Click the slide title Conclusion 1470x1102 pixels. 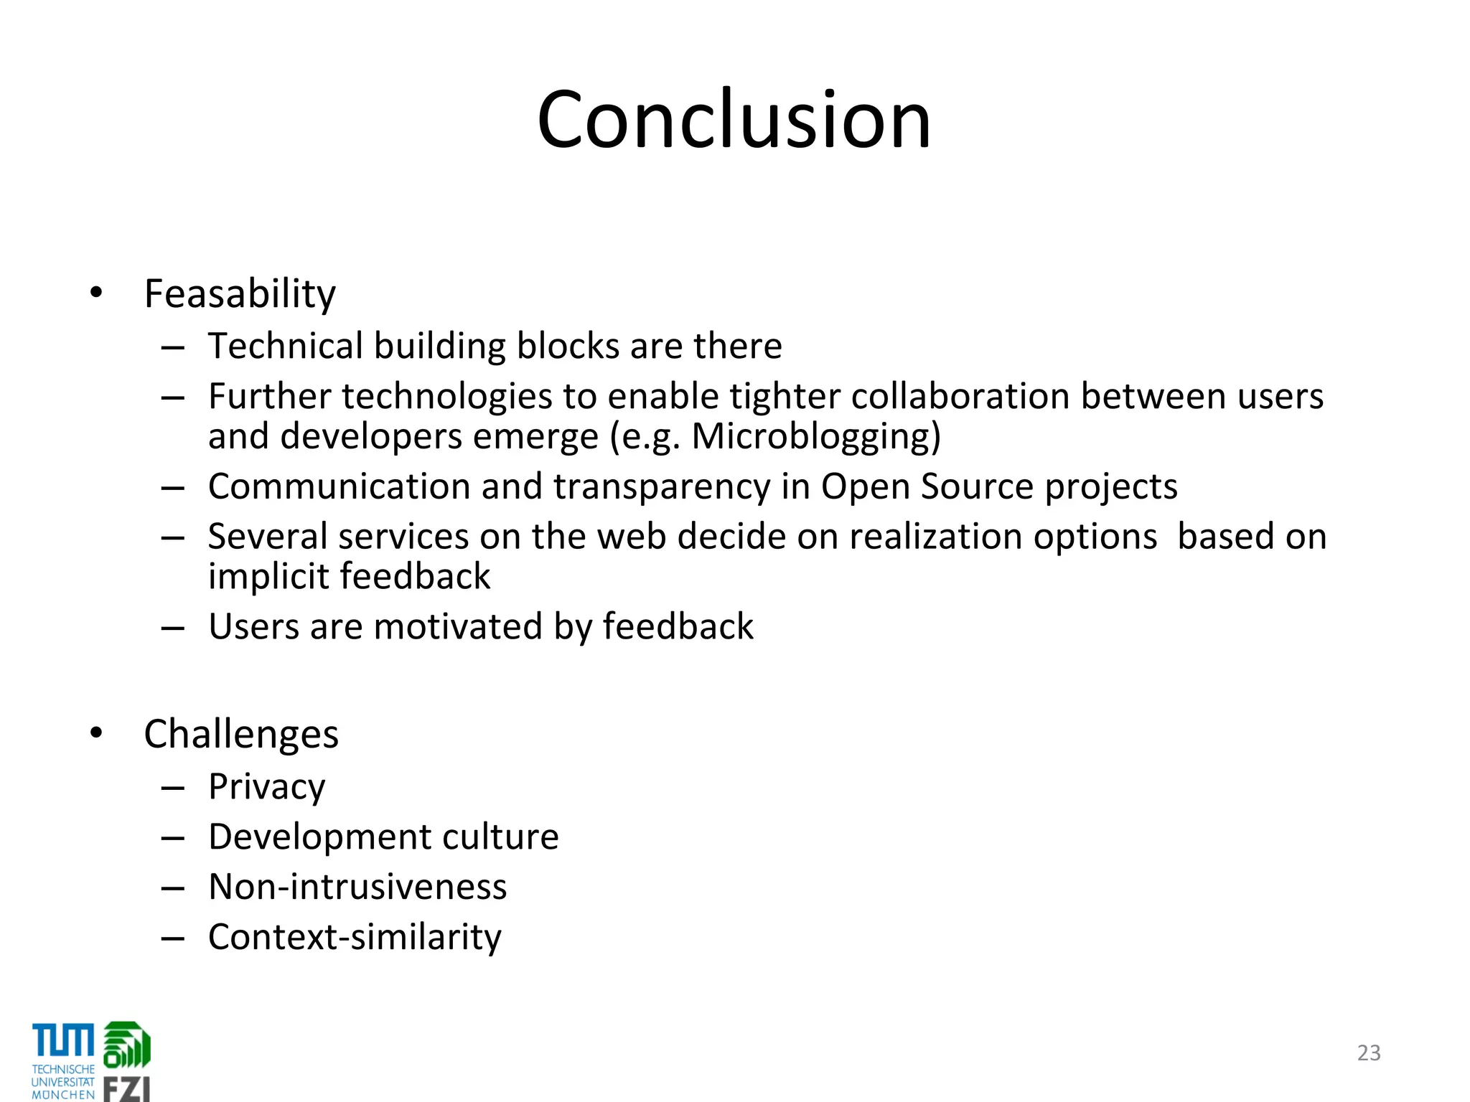pos(734,120)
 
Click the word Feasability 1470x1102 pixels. pos(240,294)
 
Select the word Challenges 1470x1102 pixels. pos(241,735)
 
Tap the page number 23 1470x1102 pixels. pos(1369,1052)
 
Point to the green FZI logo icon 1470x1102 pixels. pos(127,1045)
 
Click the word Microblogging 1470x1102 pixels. pos(815,436)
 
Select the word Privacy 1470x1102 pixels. pos(266,787)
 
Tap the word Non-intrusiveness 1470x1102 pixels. pos(357,887)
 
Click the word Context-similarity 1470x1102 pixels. pos(355,937)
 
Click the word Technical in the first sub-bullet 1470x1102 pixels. pos(286,346)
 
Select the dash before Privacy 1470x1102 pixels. pos(173,788)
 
